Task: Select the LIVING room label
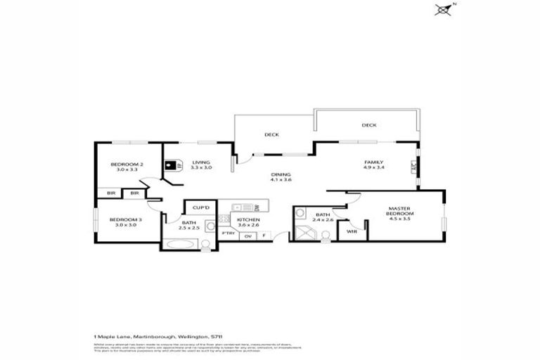(200, 165)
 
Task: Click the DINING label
(280, 177)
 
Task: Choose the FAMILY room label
(373, 165)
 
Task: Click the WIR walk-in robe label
(351, 231)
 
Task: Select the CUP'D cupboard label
(200, 207)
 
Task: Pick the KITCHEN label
(248, 222)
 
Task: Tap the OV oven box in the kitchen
(247, 236)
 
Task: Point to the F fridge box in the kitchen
(264, 236)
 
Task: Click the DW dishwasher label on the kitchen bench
(257, 207)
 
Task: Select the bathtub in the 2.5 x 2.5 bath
(181, 245)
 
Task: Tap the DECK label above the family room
(369, 125)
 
